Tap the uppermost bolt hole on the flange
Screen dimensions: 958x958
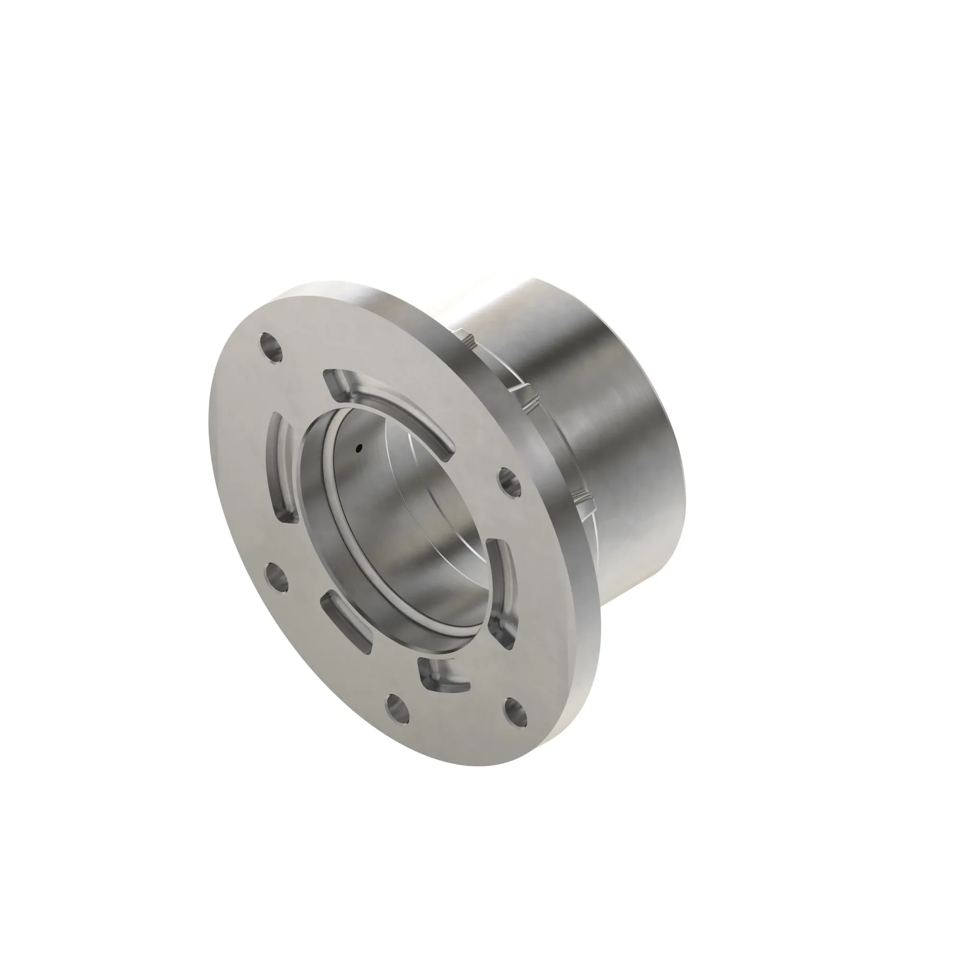[271, 347]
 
